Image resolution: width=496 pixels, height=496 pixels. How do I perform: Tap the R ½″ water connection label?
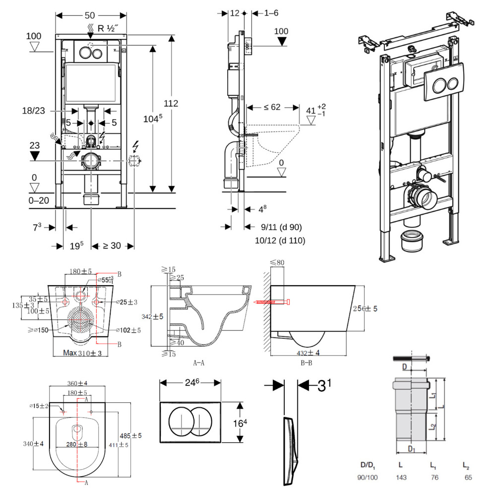[x=107, y=28]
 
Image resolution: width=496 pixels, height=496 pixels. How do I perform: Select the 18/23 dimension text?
[x=33, y=111]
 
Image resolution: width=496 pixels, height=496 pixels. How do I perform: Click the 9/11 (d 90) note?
[x=281, y=227]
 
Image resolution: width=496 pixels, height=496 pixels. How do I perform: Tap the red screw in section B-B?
[x=272, y=301]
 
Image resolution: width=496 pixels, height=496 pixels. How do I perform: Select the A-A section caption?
[x=199, y=363]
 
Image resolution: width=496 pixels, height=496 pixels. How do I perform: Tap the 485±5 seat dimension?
[x=131, y=435]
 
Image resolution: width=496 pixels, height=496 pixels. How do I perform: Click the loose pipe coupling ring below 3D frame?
[x=411, y=240]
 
